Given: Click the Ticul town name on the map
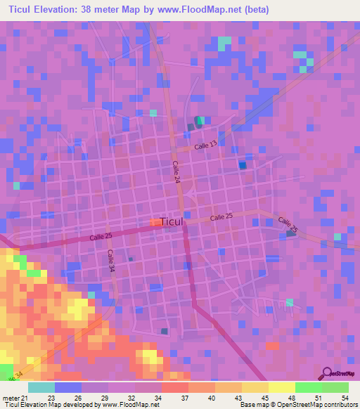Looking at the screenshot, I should (x=172, y=222).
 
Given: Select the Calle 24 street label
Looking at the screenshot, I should (x=176, y=172).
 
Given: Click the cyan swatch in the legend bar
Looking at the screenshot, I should (x=41, y=387).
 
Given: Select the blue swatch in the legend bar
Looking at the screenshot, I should (x=67, y=387).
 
